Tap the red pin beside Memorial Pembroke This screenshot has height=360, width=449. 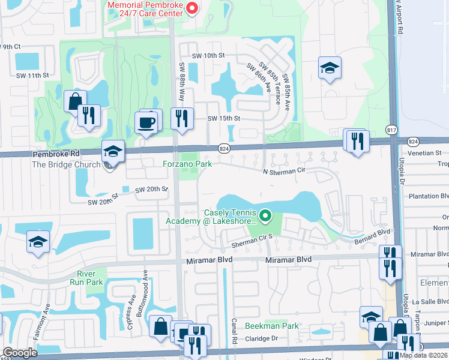(192, 8)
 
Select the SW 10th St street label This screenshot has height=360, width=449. (208, 55)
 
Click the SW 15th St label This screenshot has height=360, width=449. (223, 119)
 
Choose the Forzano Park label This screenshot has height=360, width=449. (187, 163)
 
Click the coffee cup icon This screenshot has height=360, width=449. (148, 124)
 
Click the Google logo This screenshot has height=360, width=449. (20, 353)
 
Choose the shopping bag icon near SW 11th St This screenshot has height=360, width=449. (75, 101)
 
